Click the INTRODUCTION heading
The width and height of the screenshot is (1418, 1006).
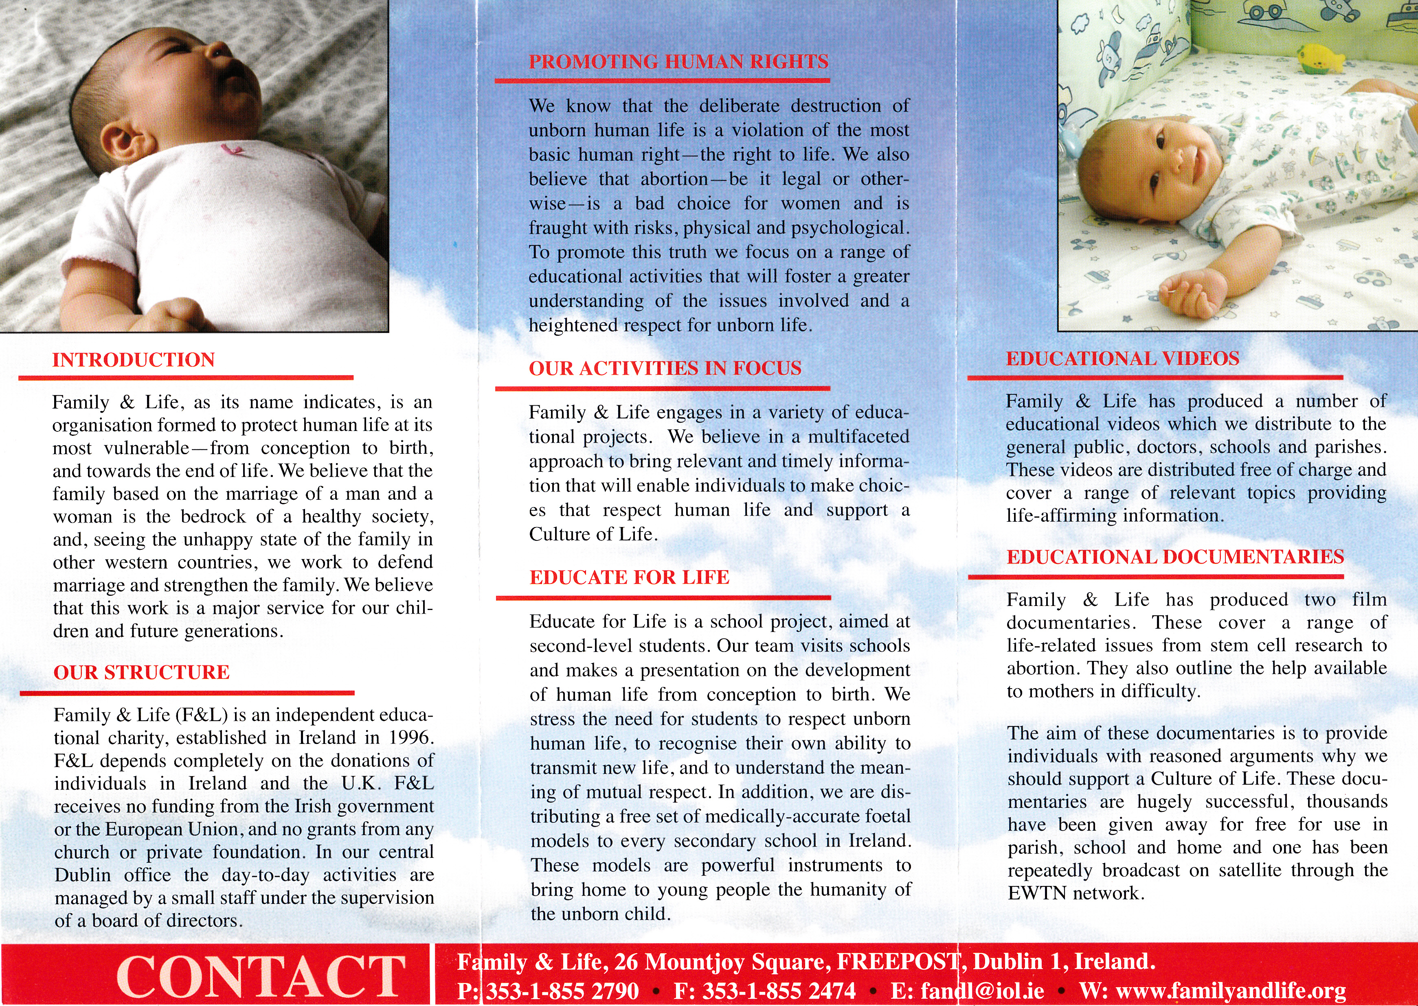[133, 360]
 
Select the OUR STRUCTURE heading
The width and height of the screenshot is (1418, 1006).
[141, 673]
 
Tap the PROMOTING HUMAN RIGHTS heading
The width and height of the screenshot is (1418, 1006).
[678, 61]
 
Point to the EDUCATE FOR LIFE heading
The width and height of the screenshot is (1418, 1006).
[629, 577]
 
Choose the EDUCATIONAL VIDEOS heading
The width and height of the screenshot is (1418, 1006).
[1122, 359]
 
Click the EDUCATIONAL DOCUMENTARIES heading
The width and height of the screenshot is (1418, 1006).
[1175, 557]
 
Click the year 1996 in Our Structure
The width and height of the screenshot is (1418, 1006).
[408, 738]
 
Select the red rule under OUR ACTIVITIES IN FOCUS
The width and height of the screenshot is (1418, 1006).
[662, 388]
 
